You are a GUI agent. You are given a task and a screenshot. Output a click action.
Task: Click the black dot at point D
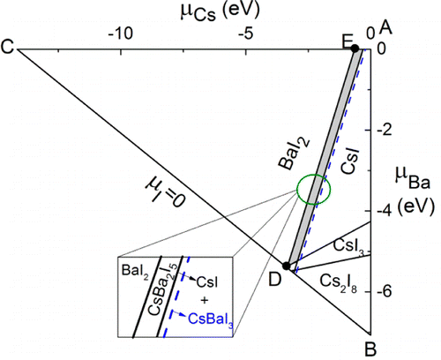point(286,266)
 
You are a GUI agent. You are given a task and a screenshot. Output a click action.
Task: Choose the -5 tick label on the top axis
point(245,32)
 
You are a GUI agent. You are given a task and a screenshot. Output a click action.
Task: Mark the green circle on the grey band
point(312,189)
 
